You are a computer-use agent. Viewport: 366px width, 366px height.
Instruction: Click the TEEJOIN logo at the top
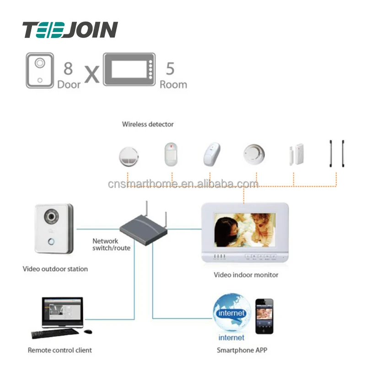coord(70,30)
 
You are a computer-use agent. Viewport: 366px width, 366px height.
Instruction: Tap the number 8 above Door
coord(68,69)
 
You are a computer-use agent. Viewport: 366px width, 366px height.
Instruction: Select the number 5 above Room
coord(170,69)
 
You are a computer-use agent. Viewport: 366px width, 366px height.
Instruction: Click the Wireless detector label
coord(148,124)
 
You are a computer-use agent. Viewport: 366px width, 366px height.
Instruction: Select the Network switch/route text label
coord(111,244)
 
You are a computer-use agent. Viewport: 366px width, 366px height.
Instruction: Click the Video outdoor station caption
coord(55,269)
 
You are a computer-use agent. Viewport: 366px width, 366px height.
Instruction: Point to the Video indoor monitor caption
coord(246,275)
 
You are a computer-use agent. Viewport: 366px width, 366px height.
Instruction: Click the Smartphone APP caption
coord(242,350)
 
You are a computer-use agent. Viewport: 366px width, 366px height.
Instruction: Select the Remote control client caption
coord(59,350)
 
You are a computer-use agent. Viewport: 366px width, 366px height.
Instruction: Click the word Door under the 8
coord(69,84)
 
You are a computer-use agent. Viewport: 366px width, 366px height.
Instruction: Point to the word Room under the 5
coord(173,84)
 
